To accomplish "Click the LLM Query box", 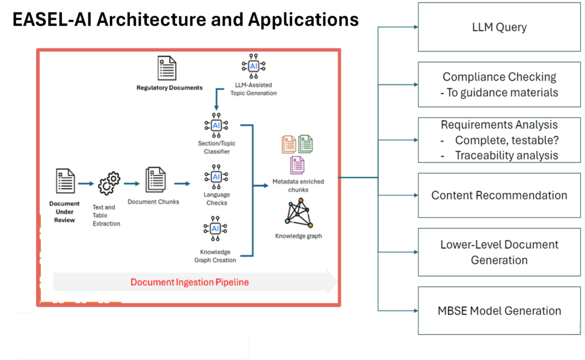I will coord(499,27).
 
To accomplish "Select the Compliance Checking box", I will coord(499,85).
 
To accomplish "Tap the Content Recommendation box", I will coord(499,195).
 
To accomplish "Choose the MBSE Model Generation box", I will coord(499,311).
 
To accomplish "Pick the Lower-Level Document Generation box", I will coord(499,252).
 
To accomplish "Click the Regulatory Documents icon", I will coord(166,69).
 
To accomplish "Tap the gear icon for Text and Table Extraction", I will coord(109,184).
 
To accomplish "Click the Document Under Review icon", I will coord(65,181).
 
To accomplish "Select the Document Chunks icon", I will coord(155,181).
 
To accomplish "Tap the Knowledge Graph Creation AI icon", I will coord(216,229).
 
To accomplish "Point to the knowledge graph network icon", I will coord(298,213).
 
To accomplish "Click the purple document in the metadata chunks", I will coord(297,165).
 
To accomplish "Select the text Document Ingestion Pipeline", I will coord(190,282).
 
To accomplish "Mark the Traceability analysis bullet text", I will coord(506,155).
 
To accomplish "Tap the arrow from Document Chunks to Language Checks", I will coord(182,183).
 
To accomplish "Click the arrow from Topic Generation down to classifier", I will coord(216,99).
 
